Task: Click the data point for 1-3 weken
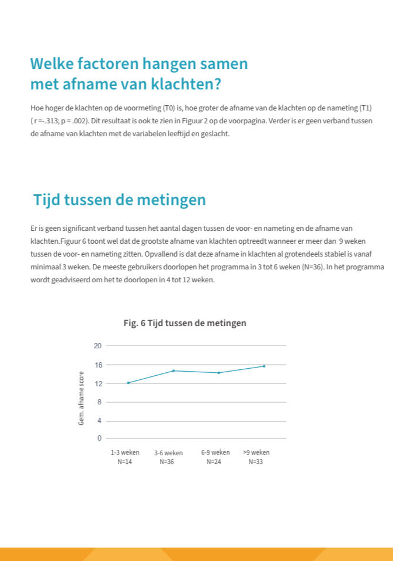[x=128, y=383]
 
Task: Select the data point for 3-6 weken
[x=173, y=370]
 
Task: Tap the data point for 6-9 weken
[x=218, y=373]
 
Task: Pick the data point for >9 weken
[x=264, y=366]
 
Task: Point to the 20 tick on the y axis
[x=98, y=346]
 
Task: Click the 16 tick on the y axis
[x=98, y=365]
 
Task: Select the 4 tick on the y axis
[x=99, y=421]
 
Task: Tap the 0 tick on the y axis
[x=99, y=438]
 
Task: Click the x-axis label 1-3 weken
[x=125, y=452]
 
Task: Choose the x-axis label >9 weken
[x=256, y=452]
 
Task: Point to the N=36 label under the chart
[x=168, y=462]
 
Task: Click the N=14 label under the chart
[x=125, y=462]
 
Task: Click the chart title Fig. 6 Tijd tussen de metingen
[x=185, y=323]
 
